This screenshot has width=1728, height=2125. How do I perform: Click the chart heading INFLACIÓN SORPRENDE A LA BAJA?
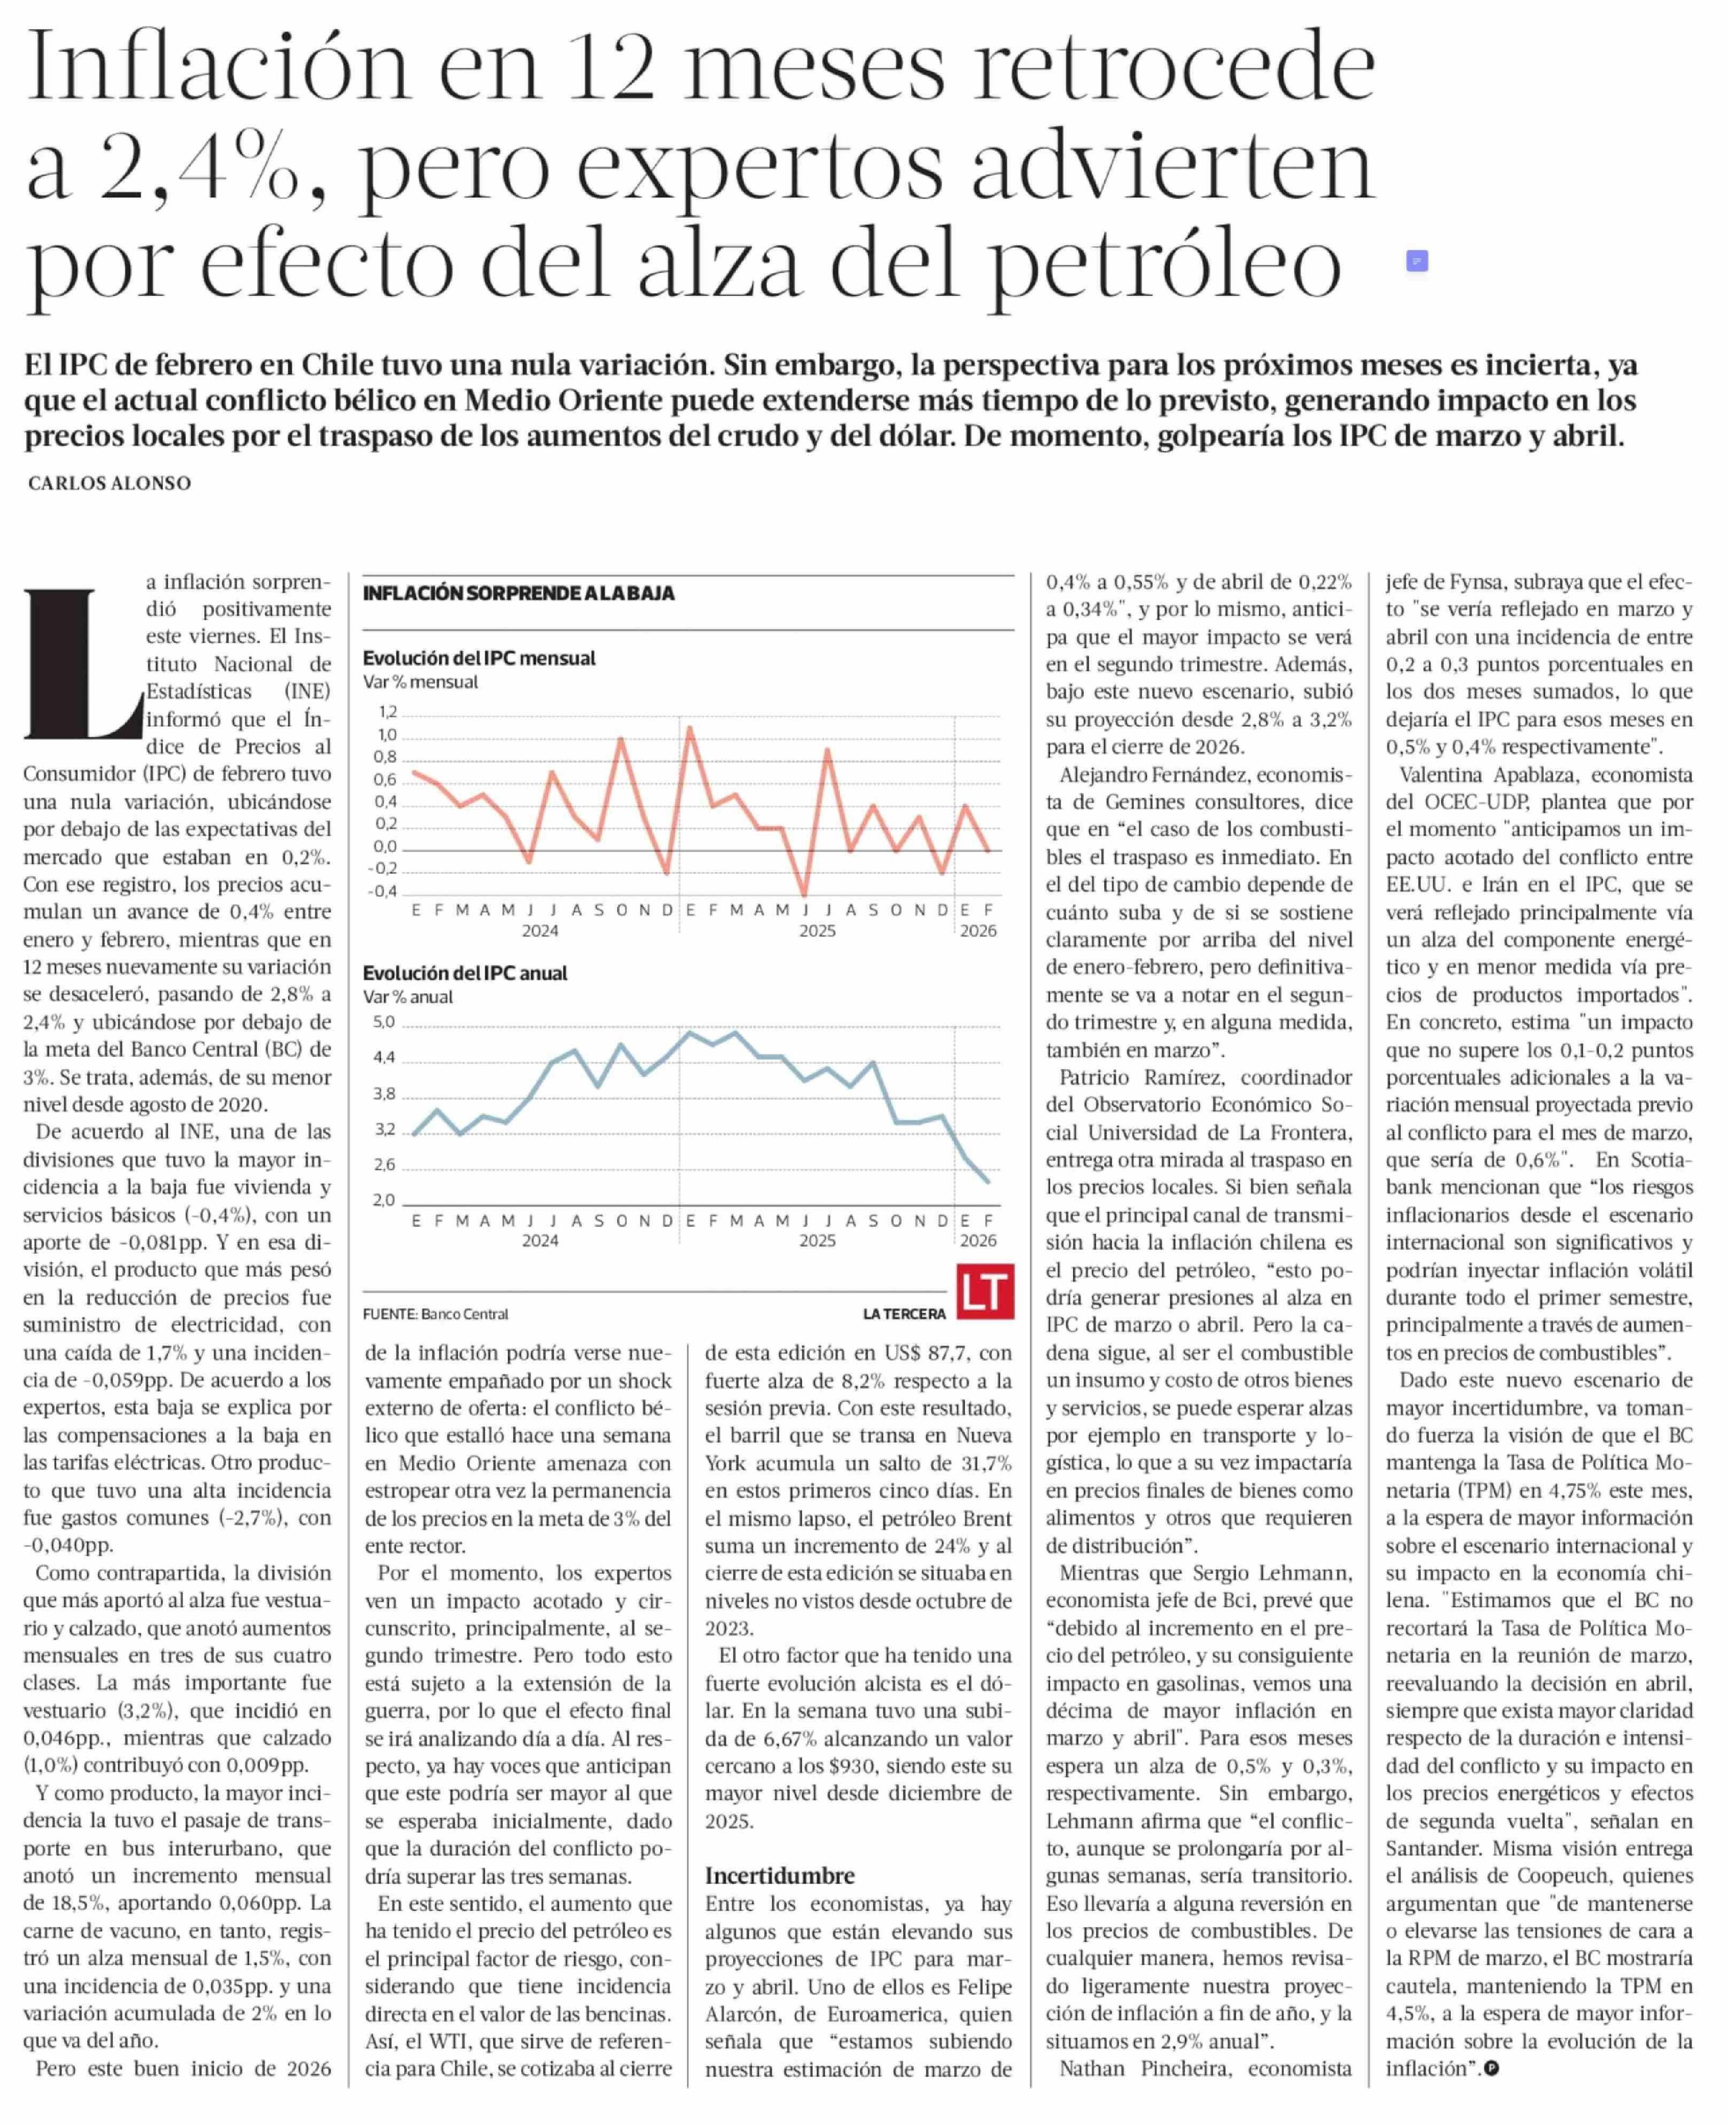click(x=519, y=594)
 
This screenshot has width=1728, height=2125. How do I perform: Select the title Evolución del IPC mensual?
click(x=479, y=658)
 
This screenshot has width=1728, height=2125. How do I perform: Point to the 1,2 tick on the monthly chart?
click(x=387, y=712)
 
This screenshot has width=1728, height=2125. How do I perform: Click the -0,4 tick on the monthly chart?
click(x=383, y=891)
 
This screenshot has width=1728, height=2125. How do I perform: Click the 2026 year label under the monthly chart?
click(x=977, y=931)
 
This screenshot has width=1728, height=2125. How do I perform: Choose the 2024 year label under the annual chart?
click(x=541, y=1241)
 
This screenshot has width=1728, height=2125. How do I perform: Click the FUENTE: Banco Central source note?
click(x=436, y=1315)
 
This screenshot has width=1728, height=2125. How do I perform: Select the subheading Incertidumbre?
click(x=779, y=1876)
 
